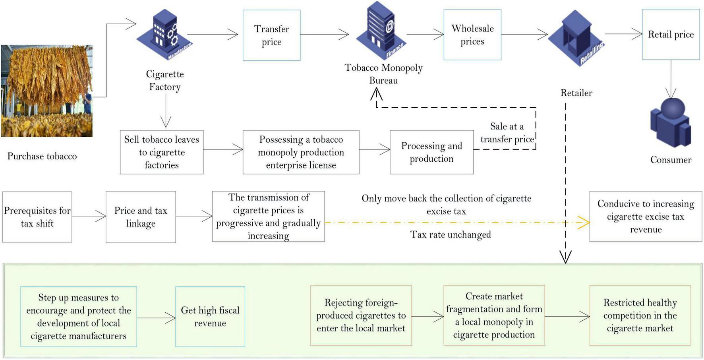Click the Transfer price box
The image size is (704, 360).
[271, 35]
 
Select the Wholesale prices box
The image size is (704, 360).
[472, 35]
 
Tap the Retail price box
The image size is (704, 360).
[671, 35]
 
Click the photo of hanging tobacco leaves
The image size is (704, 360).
[46, 91]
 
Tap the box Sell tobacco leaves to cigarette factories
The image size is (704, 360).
[162, 152]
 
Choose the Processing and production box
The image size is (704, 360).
[431, 152]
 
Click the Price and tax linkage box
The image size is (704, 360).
[141, 217]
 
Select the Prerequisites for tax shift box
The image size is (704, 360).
[37, 217]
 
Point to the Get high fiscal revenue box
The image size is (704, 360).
[210, 317]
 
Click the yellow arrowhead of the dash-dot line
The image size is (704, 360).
[584, 223]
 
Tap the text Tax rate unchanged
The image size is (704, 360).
[451, 235]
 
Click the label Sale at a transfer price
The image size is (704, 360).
[507, 133]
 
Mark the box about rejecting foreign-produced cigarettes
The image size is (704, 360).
[361, 315]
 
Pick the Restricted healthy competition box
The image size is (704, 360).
[640, 315]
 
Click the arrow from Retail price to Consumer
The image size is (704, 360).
[671, 79]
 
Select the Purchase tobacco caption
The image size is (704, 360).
[42, 156]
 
